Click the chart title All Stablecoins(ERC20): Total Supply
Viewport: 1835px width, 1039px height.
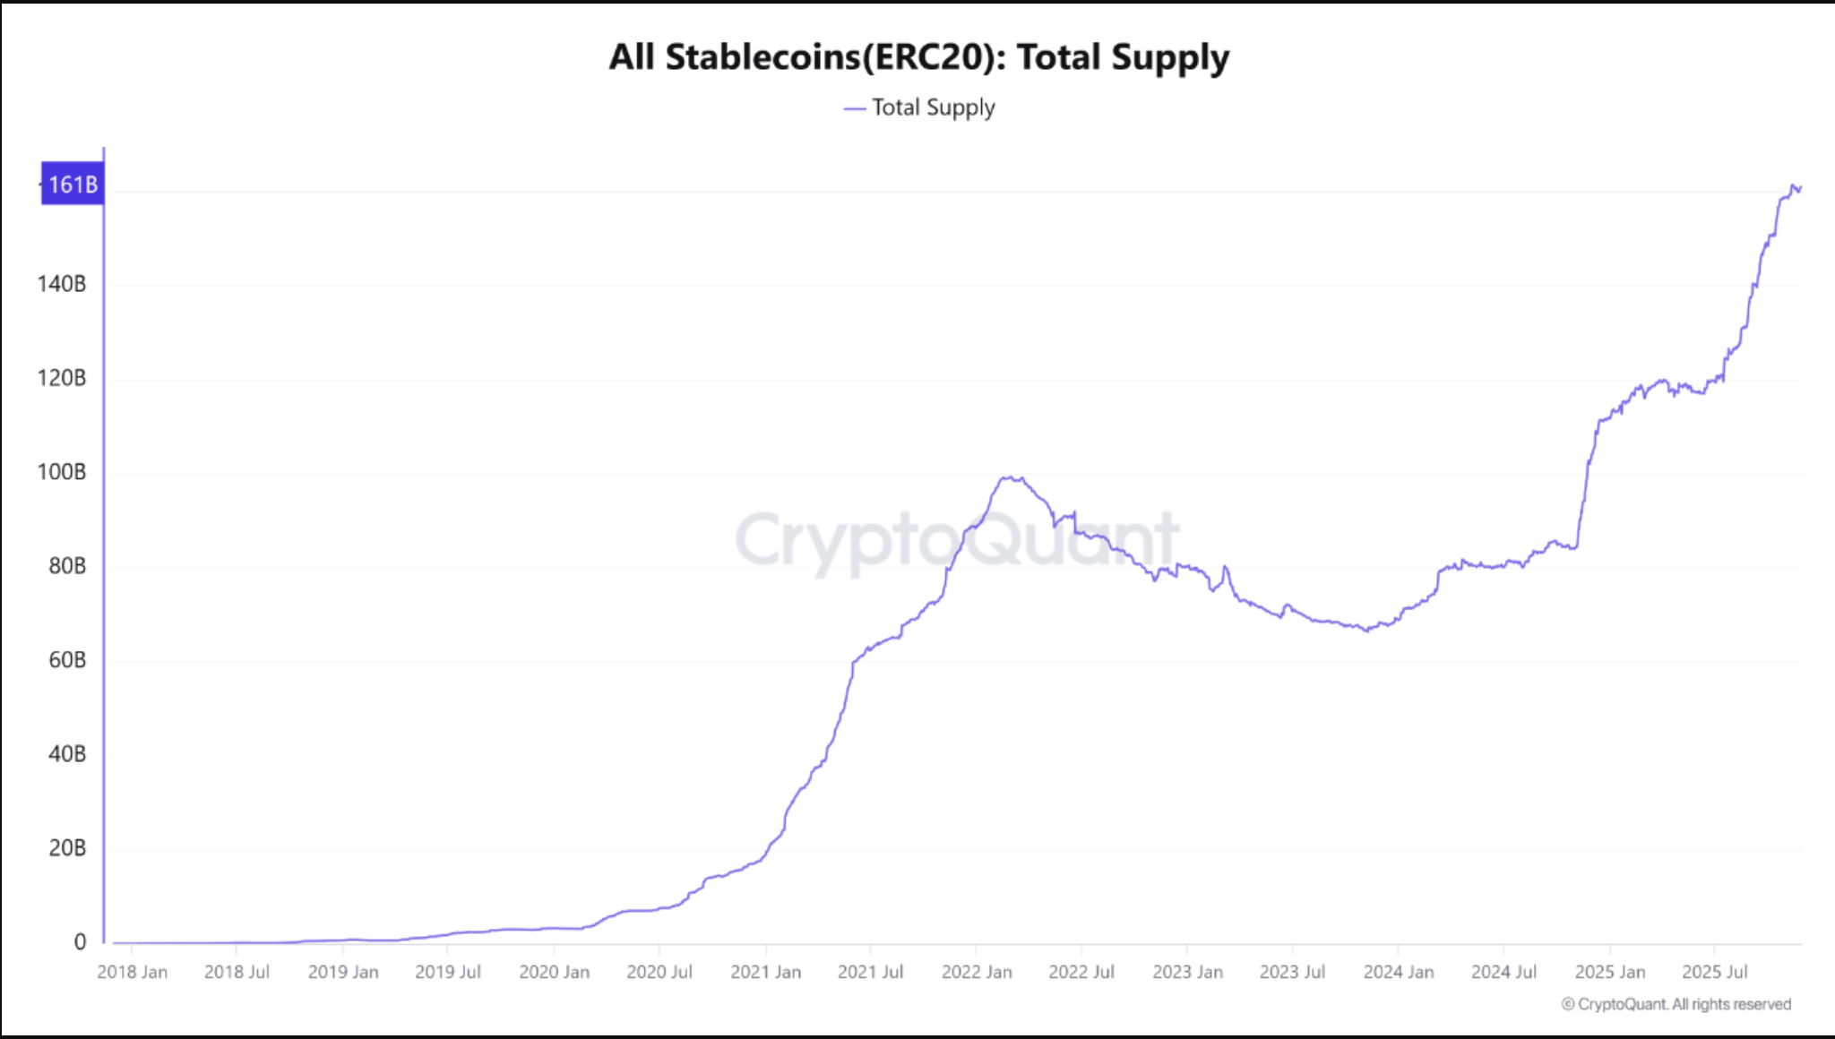[918, 57]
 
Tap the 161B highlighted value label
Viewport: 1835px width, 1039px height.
[73, 185]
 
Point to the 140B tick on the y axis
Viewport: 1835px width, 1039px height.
[62, 284]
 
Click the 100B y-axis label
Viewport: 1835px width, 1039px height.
[62, 472]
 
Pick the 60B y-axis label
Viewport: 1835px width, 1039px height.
[67, 660]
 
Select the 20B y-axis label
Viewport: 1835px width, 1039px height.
[67, 848]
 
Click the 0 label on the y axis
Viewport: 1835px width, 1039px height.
[80, 942]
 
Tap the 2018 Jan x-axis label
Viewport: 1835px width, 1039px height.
[132, 972]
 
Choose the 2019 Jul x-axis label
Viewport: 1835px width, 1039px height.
[448, 972]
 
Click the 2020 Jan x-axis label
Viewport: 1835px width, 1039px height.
[555, 972]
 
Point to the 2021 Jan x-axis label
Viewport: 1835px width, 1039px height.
[766, 972]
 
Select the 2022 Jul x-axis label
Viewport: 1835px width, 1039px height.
[1081, 972]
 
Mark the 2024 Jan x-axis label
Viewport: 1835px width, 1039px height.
[1399, 972]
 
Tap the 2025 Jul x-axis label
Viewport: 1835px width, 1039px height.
[1715, 972]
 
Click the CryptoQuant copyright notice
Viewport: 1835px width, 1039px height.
[1676, 1004]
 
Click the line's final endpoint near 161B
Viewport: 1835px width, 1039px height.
[1800, 188]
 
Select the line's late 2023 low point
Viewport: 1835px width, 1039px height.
[1366, 631]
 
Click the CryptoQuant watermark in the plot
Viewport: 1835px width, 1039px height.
[957, 540]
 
